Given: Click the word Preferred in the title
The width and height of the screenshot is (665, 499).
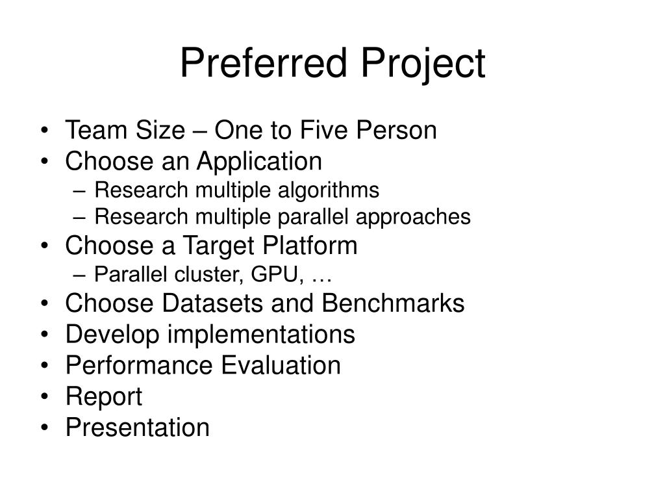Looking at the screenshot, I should coord(263,64).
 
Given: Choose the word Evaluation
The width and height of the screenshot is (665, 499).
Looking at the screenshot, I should coord(281,365).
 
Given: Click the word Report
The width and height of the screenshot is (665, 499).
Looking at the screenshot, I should coord(103,397).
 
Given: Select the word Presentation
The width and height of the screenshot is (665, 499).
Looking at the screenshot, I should coord(138,428).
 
